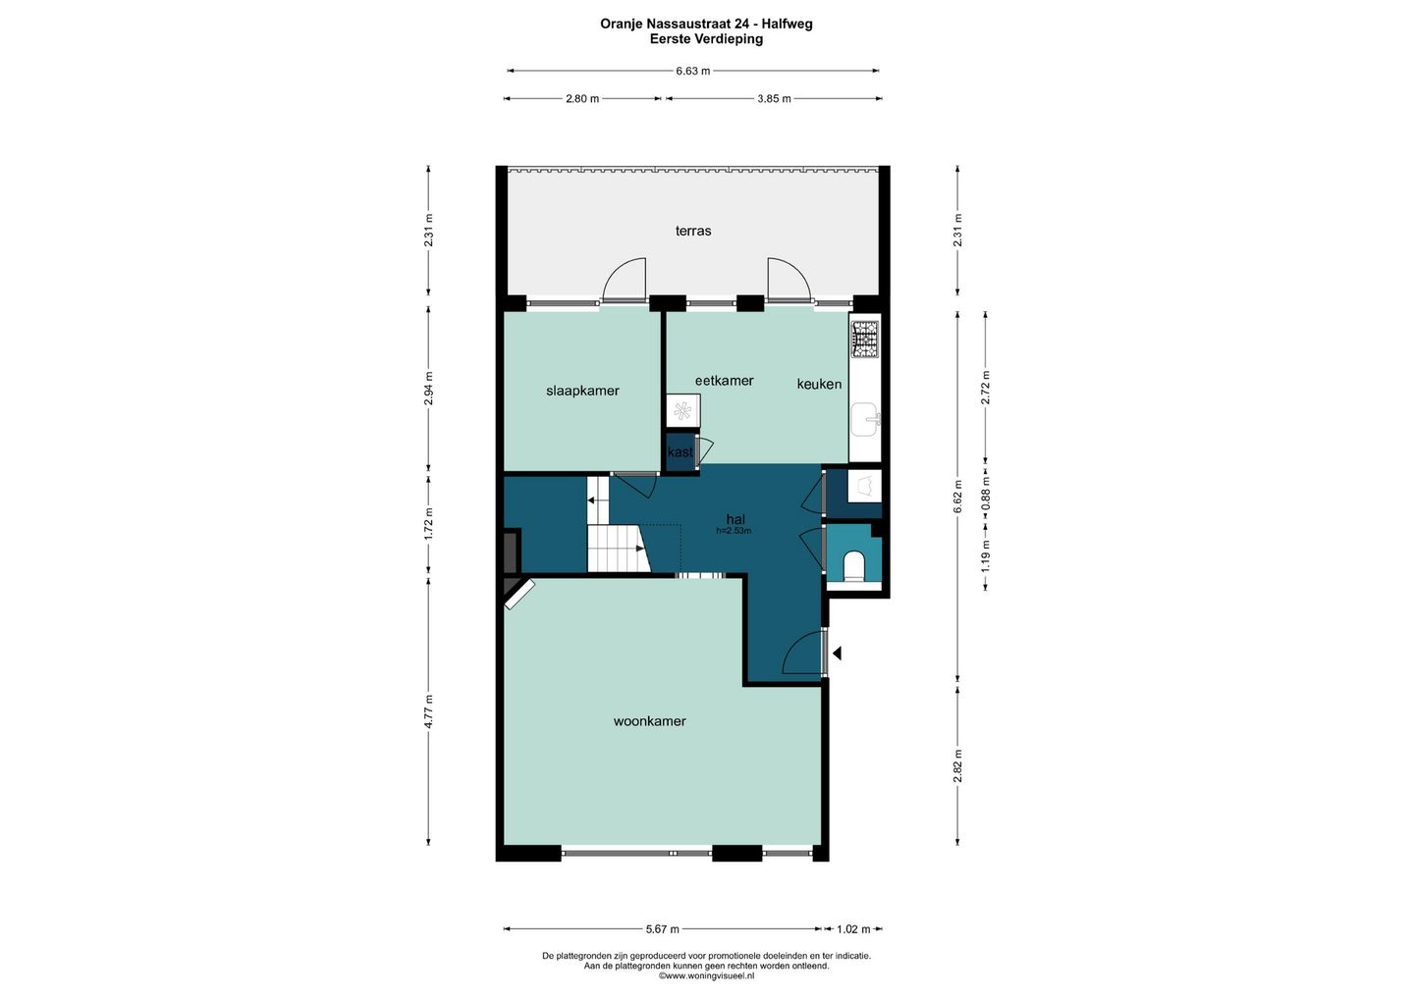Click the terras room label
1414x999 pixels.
click(x=693, y=231)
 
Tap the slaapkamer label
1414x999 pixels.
click(x=582, y=391)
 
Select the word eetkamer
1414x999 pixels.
click(x=724, y=381)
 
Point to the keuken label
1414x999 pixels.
click(x=819, y=384)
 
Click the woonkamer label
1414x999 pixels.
click(x=650, y=721)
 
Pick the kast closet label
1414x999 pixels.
click(x=680, y=452)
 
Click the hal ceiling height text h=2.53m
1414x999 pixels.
click(x=734, y=531)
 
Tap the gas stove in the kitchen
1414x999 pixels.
click(x=865, y=340)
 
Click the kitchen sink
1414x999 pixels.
click(x=865, y=419)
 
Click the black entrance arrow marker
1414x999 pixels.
click(x=837, y=654)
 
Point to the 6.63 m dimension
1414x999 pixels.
click(x=693, y=72)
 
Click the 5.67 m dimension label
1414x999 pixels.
click(x=663, y=929)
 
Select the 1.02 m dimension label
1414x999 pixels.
click(x=853, y=929)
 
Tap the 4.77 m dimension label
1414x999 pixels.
click(x=428, y=711)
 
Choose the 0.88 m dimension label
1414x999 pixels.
click(x=986, y=493)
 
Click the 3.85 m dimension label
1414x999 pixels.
click(x=774, y=99)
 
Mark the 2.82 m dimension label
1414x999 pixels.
click(x=957, y=765)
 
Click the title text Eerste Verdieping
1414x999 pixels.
click(x=706, y=39)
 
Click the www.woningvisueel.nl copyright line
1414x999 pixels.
click(x=706, y=975)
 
